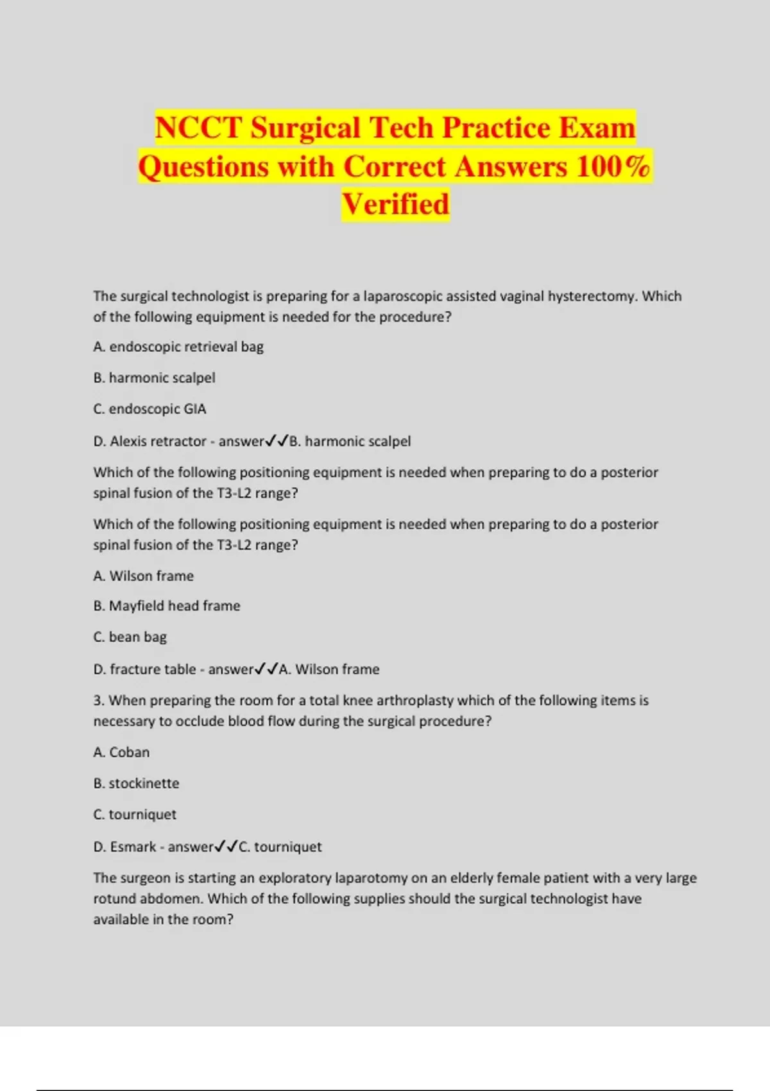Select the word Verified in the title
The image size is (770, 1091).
point(395,204)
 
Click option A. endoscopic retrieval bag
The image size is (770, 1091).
point(178,347)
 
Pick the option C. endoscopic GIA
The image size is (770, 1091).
point(150,409)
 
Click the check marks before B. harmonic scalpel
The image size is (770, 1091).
point(277,441)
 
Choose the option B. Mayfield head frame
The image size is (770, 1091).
point(167,606)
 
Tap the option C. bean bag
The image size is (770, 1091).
point(130,637)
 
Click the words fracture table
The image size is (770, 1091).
point(153,669)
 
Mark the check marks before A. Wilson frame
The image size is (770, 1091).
point(266,669)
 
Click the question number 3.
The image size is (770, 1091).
point(98,700)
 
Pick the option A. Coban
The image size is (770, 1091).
point(121,752)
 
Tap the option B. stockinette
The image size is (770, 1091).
point(136,783)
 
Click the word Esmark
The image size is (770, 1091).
point(133,846)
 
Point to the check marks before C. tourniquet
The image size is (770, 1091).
point(226,846)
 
